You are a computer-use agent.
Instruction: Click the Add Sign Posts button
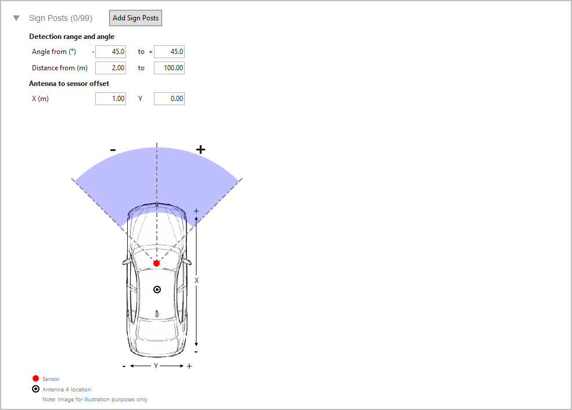[135, 18]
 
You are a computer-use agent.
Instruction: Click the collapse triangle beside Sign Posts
[16, 18]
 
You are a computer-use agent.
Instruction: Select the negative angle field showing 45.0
[110, 52]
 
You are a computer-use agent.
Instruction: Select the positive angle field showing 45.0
[169, 52]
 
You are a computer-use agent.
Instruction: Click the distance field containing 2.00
[110, 68]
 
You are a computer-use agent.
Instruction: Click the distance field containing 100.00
[169, 68]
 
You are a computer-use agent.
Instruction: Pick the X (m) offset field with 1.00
[110, 99]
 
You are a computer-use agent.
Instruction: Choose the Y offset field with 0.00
[169, 99]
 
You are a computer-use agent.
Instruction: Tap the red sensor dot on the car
[156, 263]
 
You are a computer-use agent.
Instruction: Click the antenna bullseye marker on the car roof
[157, 290]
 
